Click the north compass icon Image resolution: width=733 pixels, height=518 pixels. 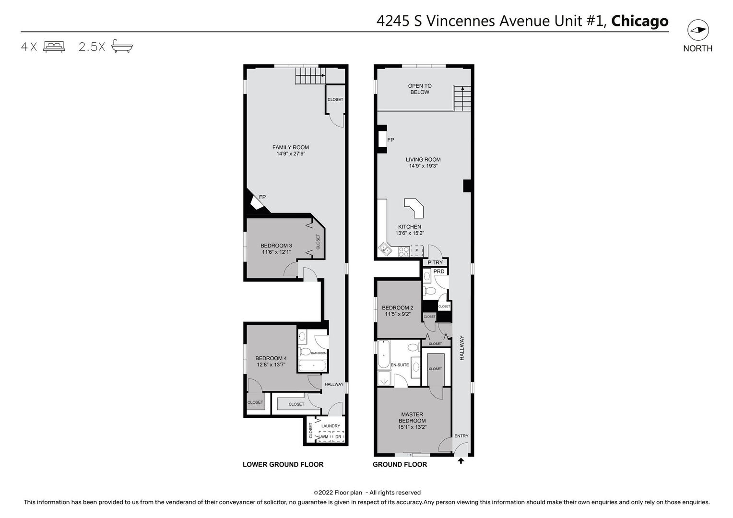698,30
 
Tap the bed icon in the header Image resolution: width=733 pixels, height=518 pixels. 54,47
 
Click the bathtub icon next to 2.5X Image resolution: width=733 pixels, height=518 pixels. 122,46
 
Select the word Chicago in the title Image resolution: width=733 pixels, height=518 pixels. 639,21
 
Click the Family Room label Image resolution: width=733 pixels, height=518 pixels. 291,147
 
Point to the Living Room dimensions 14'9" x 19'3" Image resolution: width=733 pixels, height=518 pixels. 423,166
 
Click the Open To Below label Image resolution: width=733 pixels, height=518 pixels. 420,89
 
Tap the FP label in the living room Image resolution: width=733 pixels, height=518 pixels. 390,140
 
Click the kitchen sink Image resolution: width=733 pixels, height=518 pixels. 385,249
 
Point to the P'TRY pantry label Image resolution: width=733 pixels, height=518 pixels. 435,262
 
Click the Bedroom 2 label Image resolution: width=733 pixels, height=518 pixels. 397,308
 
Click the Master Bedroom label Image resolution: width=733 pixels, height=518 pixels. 412,417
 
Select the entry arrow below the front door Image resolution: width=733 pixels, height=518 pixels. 461,461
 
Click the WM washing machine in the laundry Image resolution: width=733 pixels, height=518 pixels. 325,436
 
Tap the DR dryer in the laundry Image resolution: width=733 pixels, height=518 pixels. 338,436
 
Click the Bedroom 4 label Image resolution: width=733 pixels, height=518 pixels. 271,358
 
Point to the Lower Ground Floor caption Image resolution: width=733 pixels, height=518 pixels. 283,464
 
